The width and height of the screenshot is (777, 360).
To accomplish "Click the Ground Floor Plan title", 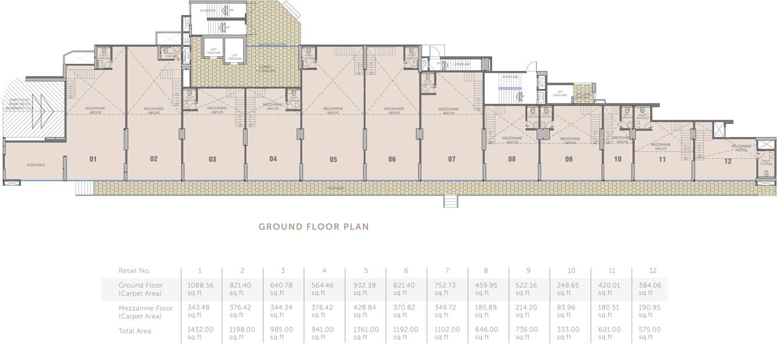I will tap(313, 227).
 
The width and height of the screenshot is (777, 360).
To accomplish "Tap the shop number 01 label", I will tap(93, 159).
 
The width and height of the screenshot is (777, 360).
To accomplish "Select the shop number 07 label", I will tap(452, 159).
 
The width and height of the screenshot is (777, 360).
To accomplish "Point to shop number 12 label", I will tap(728, 162).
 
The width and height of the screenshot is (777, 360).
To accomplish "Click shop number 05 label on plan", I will tap(333, 159).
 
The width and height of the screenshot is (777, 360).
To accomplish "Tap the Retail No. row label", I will tap(134, 270).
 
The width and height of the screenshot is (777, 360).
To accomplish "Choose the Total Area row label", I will tap(135, 331).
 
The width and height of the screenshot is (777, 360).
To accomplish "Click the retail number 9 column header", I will tap(529, 270).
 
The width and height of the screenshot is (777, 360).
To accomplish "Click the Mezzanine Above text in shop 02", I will tap(154, 111).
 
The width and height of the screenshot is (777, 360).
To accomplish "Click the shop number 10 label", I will tap(617, 159).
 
